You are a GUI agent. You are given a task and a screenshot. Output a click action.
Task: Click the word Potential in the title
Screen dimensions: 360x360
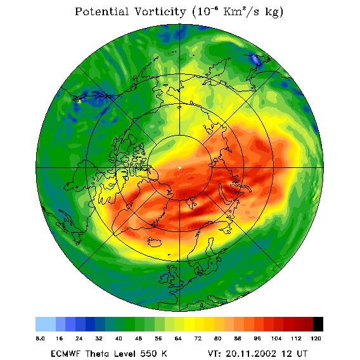pyautogui.click(x=101, y=11)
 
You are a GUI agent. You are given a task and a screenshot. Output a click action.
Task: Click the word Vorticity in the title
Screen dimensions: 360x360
pyautogui.click(x=160, y=11)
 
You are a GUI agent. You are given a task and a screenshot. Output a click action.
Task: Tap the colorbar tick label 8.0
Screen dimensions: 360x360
pyautogui.click(x=40, y=338)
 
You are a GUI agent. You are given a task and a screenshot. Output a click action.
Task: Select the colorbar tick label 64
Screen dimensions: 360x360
pyautogui.click(x=178, y=338)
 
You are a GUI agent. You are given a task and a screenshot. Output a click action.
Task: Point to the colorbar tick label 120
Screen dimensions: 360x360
pyautogui.click(x=316, y=338)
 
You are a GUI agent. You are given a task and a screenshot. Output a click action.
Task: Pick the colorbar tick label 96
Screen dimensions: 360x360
pyautogui.click(x=257, y=338)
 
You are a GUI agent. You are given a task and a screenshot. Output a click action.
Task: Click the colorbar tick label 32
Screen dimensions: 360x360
pyautogui.click(x=99, y=338)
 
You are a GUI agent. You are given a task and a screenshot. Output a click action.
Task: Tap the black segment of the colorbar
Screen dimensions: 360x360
pyautogui.click(x=318, y=324)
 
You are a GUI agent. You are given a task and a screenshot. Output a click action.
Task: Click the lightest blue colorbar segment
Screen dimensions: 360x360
pyautogui.click(x=46, y=324)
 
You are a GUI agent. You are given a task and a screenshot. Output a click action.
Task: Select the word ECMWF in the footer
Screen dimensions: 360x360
pyautogui.click(x=65, y=354)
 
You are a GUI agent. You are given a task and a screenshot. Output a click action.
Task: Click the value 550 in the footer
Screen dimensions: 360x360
pyautogui.click(x=148, y=354)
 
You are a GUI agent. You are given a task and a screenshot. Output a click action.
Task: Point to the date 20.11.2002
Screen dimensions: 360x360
pyautogui.click(x=251, y=354)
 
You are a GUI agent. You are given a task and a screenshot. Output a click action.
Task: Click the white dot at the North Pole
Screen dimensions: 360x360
pyautogui.click(x=179, y=168)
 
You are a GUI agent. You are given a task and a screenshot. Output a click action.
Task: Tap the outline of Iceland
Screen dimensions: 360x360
pyautogui.click(x=155, y=241)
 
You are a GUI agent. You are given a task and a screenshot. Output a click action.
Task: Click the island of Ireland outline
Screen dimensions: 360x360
pyautogui.click(x=165, y=278)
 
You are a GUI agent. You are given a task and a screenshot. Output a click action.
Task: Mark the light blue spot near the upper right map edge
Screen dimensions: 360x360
pyautogui.click(x=255, y=59)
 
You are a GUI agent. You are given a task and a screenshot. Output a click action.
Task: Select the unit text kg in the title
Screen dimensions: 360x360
pyautogui.click(x=274, y=13)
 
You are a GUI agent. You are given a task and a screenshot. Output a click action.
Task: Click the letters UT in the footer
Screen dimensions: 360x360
pyautogui.click(x=302, y=354)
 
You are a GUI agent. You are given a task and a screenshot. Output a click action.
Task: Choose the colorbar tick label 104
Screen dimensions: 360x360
pyautogui.click(x=276, y=338)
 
